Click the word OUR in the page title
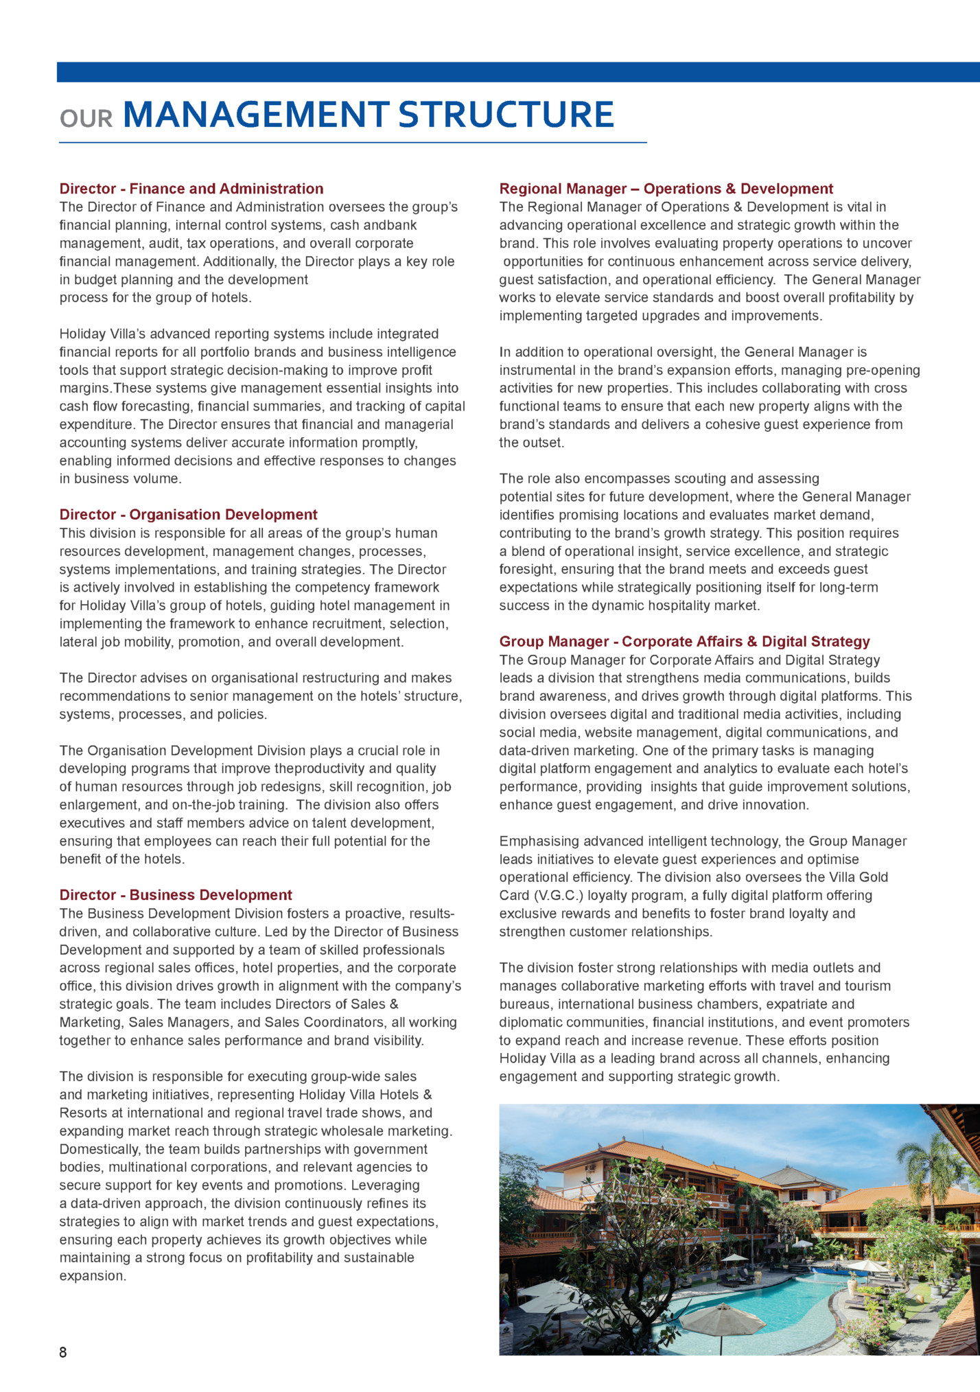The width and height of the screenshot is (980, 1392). [x=86, y=119]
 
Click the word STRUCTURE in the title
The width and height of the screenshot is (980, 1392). [x=506, y=115]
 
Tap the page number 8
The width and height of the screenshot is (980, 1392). [x=63, y=1352]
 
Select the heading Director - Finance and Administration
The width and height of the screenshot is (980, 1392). [x=191, y=189]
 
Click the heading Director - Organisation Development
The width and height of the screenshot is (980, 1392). [x=188, y=515]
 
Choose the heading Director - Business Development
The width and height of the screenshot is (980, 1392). [x=176, y=895]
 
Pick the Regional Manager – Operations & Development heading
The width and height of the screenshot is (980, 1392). [x=666, y=189]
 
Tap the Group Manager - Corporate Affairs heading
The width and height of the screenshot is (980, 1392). [x=684, y=642]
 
